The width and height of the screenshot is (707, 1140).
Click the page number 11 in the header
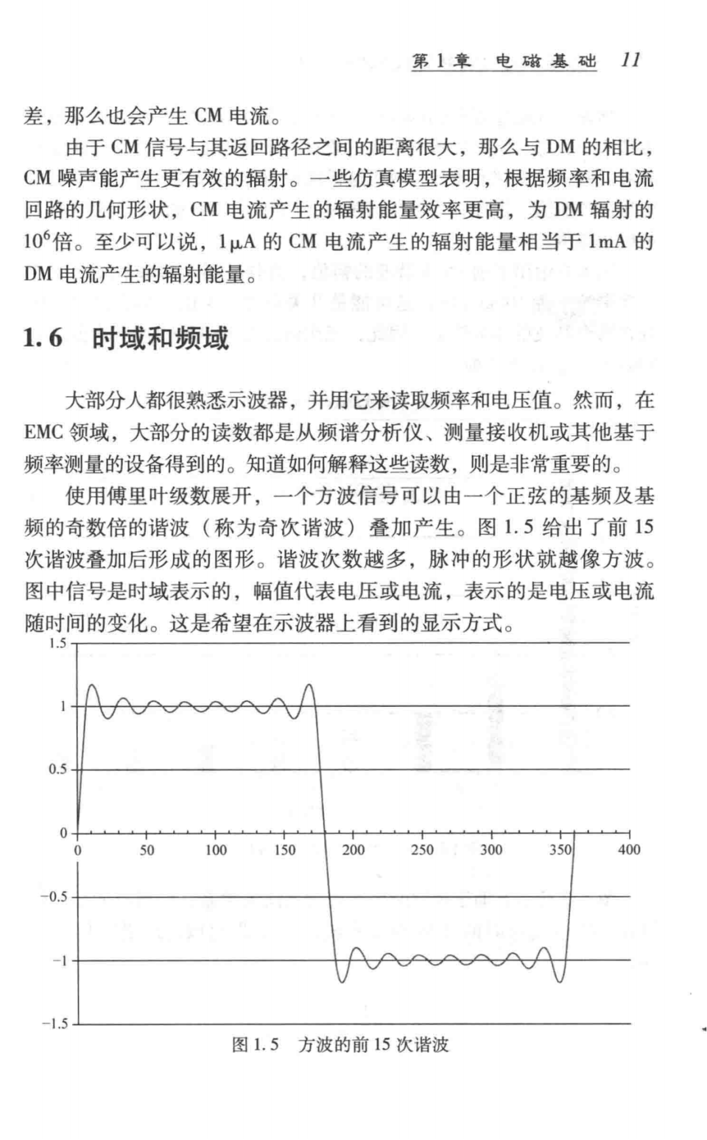click(x=630, y=60)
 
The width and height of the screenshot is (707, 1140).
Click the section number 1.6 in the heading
click(x=43, y=338)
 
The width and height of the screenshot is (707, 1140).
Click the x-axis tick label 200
click(x=353, y=850)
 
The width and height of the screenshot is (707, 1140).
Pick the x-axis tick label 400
click(x=629, y=850)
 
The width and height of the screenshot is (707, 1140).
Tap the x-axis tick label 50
click(x=147, y=850)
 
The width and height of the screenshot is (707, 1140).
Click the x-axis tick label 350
click(x=560, y=850)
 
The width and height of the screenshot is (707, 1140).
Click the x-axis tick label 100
click(x=215, y=850)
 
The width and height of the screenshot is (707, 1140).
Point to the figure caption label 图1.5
click(x=255, y=1044)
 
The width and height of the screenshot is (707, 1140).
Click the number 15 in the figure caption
click(x=382, y=1044)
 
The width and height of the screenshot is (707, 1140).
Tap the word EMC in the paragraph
click(x=43, y=433)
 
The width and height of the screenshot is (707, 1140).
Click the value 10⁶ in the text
click(x=37, y=241)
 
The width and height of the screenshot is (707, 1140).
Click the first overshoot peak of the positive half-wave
click(x=92, y=686)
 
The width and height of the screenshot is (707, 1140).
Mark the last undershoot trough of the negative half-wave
click(x=560, y=981)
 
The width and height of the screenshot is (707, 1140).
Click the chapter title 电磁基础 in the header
click(x=546, y=61)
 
